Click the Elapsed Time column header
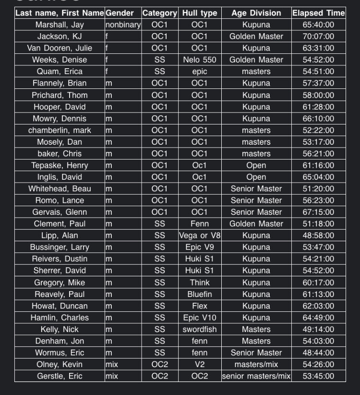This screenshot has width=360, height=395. (x=318, y=13)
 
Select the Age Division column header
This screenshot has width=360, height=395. (x=256, y=13)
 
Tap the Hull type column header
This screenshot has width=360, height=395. (x=200, y=13)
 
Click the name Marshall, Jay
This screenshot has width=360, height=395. (x=60, y=25)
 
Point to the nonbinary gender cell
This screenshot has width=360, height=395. (x=123, y=25)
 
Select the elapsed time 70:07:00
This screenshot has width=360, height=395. (x=318, y=36)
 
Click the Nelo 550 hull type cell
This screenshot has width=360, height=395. (x=200, y=60)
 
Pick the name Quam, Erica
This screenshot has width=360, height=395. (x=60, y=71)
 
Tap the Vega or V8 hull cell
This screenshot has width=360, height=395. (x=200, y=235)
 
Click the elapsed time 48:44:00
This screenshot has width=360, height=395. (x=318, y=353)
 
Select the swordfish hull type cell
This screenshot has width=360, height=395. (x=200, y=329)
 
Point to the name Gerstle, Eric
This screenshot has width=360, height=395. (x=60, y=376)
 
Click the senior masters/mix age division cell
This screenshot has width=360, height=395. (x=256, y=376)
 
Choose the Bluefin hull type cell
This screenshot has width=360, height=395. (x=200, y=294)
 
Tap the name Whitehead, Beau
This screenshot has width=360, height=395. (x=60, y=188)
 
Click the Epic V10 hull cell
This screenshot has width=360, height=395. (x=200, y=318)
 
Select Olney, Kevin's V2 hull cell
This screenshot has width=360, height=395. (x=200, y=364)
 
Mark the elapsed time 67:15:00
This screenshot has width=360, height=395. (x=318, y=212)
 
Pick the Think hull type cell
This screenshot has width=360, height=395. (x=200, y=283)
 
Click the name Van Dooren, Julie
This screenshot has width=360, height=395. (x=60, y=48)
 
